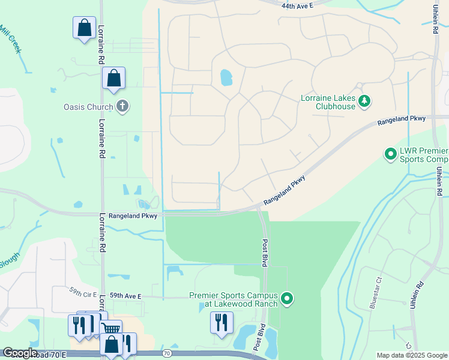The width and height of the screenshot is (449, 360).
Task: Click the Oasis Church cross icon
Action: point(122,107)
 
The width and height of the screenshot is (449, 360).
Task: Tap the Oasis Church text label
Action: point(88,107)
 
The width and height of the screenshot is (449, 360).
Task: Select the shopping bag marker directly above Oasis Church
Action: point(113,79)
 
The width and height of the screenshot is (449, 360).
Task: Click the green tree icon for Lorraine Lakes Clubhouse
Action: point(364,102)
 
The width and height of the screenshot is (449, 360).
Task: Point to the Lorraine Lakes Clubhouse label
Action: point(328,102)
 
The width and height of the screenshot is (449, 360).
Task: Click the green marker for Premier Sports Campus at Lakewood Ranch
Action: point(287,298)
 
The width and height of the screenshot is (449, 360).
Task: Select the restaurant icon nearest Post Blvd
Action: point(221,322)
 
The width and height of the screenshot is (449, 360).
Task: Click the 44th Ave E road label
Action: point(297,5)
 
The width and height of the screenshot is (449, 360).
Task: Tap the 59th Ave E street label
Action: point(125,296)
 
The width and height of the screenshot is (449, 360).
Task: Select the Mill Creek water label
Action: point(10,40)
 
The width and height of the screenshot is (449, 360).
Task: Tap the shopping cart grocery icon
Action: point(110,329)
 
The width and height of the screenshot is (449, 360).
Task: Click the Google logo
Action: point(20,353)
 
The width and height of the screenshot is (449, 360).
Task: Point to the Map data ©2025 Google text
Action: point(411,355)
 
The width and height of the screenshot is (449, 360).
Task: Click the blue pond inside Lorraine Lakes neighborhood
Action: point(226,77)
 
